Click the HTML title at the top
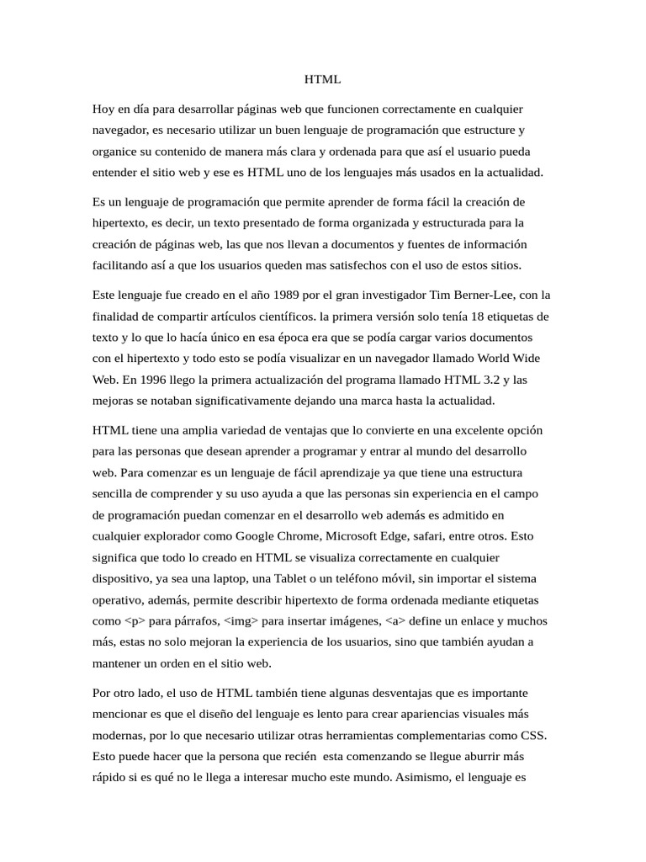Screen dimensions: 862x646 (x=322, y=80)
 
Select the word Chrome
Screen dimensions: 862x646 (x=296, y=535)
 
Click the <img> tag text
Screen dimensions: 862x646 (x=239, y=621)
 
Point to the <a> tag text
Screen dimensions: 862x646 (x=394, y=621)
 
